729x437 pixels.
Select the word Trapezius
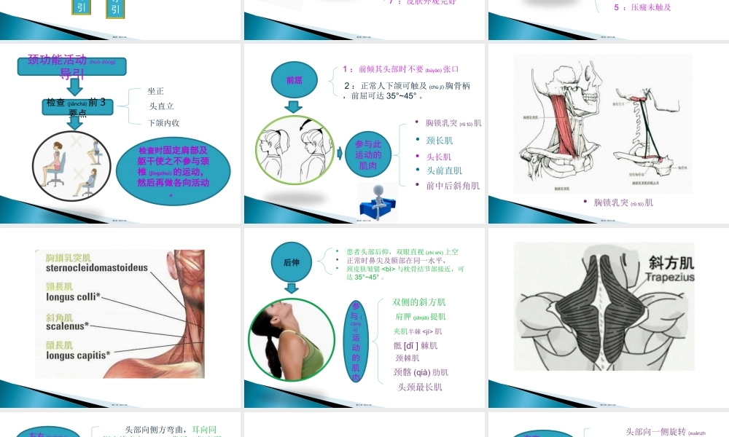click(670, 277)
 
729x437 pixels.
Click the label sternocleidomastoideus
click(96, 267)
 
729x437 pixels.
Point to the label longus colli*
click(74, 296)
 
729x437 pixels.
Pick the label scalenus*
click(67, 326)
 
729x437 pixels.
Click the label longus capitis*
click(78, 355)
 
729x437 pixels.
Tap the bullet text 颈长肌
click(440, 141)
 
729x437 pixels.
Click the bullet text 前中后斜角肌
click(453, 186)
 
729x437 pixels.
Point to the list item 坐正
click(156, 91)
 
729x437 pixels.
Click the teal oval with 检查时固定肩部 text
click(174, 167)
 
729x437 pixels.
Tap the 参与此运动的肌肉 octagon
click(368, 154)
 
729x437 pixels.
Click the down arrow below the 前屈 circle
click(293, 106)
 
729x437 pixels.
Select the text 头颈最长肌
click(420, 387)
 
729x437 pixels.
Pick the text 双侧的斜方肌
click(419, 302)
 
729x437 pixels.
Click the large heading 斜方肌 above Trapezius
click(670, 262)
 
